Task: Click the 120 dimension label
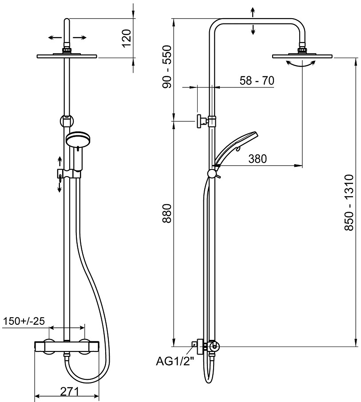[x=127, y=38]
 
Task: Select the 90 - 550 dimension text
[x=167, y=67]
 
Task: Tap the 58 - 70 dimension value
[x=257, y=80]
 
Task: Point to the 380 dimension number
[x=258, y=159]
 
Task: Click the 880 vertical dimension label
[x=167, y=213]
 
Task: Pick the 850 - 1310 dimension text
[x=349, y=202]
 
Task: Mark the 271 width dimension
[x=69, y=391]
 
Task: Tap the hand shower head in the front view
[x=78, y=139]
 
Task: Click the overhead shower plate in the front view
[x=67, y=56]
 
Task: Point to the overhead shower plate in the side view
[x=302, y=56]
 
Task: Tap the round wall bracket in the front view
[x=67, y=121]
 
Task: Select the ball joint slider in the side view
[x=212, y=173]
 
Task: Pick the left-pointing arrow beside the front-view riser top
[x=55, y=38]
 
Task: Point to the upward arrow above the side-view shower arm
[x=253, y=12]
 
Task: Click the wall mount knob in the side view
[x=201, y=121]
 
